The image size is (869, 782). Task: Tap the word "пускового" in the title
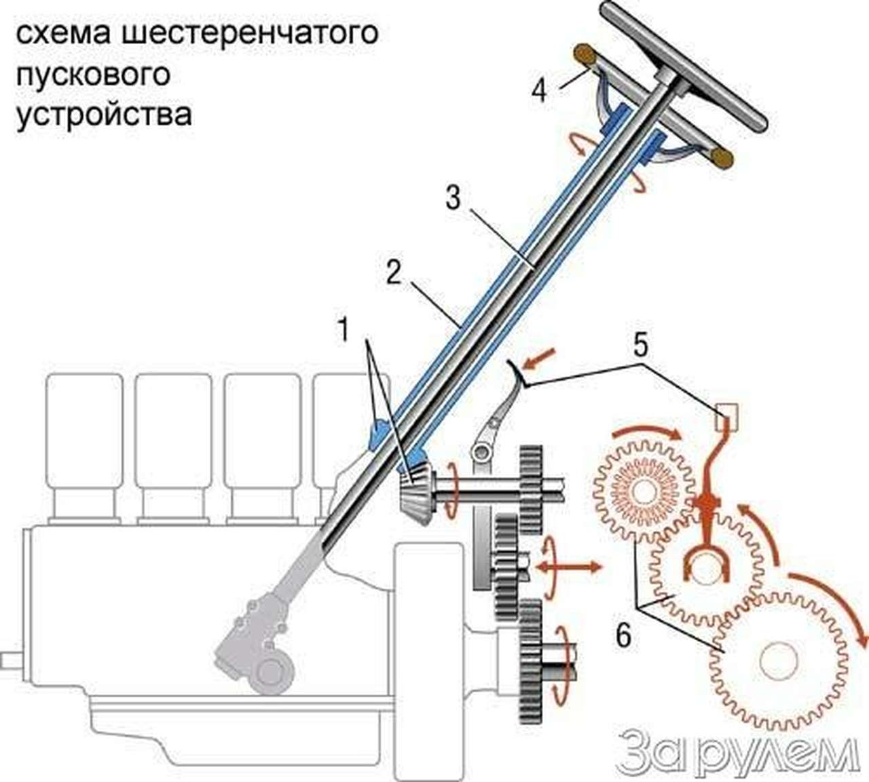[x=93, y=74]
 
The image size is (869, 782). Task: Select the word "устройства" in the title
[x=104, y=114]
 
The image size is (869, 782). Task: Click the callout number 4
[x=538, y=90]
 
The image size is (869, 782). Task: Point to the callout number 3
[x=453, y=198]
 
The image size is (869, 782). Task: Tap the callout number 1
[x=344, y=330]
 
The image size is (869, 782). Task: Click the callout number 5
[x=640, y=345]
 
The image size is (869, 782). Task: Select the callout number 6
[x=624, y=636]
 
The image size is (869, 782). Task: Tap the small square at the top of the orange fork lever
[x=727, y=412]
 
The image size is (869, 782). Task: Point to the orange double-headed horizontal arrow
[x=567, y=565]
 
